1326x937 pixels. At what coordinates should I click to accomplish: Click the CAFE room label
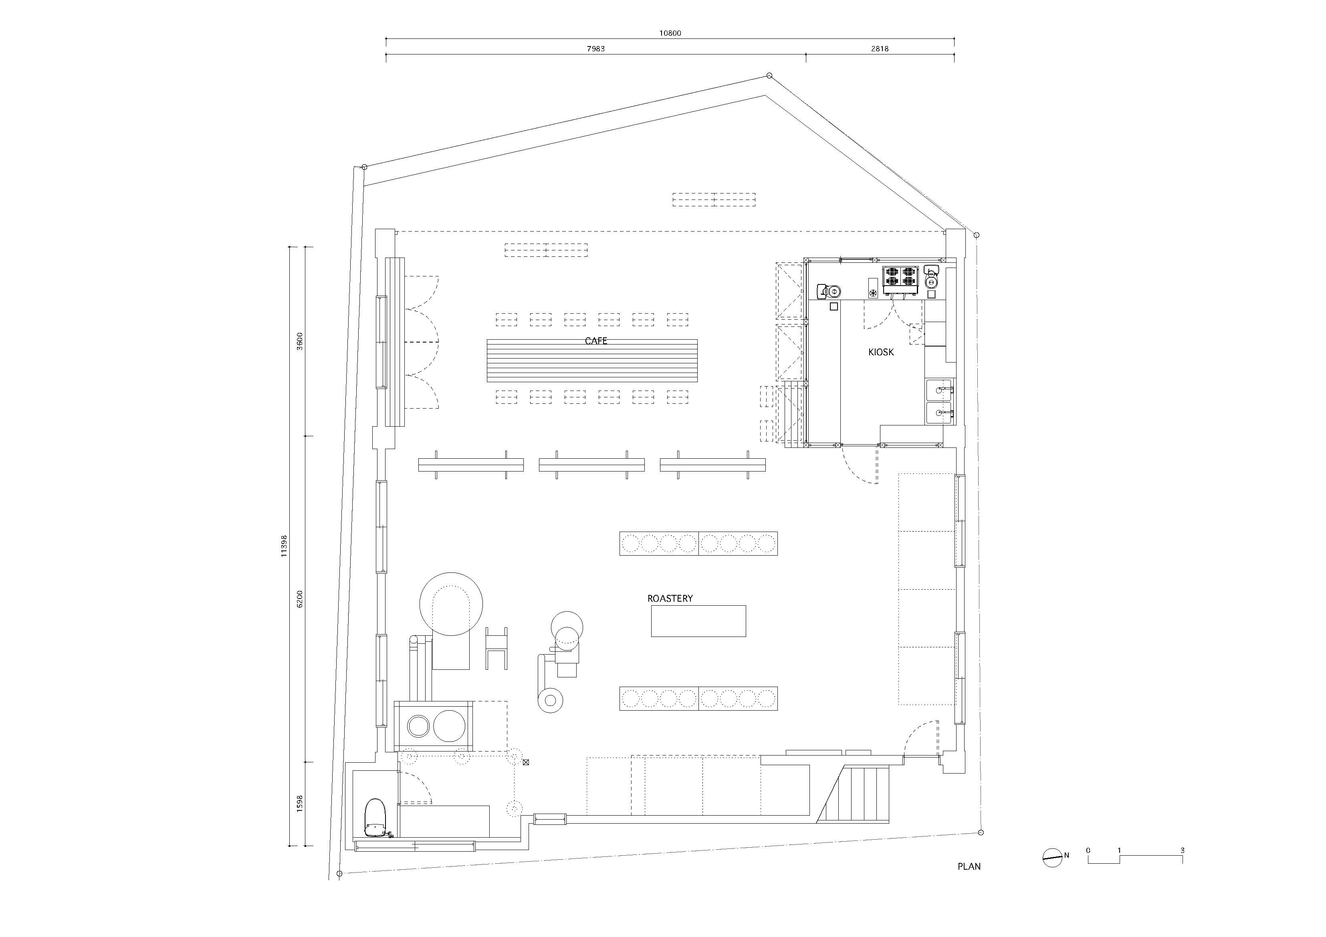click(596, 341)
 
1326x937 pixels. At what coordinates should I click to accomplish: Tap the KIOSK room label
click(881, 352)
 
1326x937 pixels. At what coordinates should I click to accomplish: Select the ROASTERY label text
click(670, 598)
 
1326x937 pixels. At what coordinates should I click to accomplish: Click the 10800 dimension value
click(670, 33)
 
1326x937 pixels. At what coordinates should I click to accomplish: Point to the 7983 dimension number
click(595, 49)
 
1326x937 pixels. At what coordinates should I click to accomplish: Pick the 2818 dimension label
click(880, 49)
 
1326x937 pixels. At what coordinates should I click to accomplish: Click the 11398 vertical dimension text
click(284, 546)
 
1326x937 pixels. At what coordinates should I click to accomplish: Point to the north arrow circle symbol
click(1052, 858)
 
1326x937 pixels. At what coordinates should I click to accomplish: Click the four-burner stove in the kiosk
click(900, 276)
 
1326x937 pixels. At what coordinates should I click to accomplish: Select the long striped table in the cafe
click(591, 360)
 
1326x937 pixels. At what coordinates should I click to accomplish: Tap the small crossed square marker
click(525, 762)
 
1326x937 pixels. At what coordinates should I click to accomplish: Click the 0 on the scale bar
click(1088, 850)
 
